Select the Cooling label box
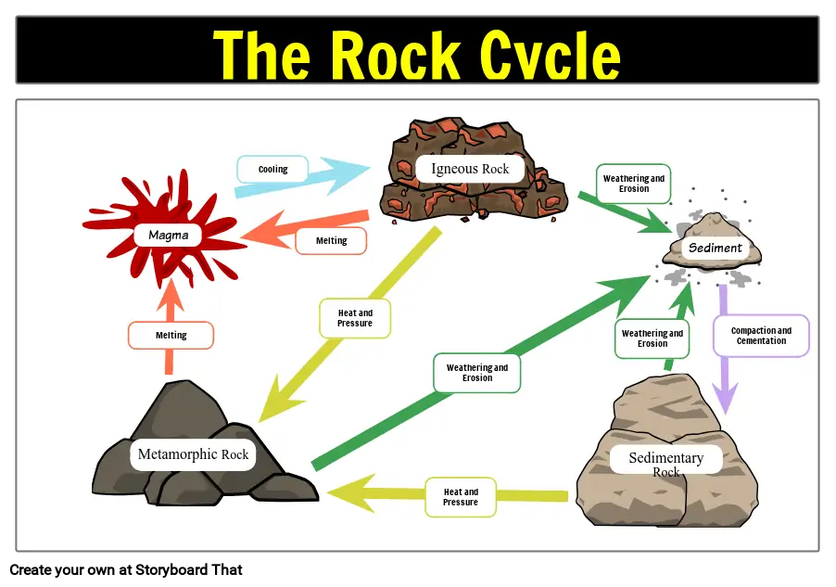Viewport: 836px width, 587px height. click(x=272, y=170)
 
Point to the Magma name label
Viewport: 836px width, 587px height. click(x=168, y=236)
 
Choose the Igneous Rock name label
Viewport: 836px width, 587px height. click(x=470, y=169)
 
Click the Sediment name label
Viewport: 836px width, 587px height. click(x=715, y=249)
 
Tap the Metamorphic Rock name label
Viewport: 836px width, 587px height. click(x=193, y=454)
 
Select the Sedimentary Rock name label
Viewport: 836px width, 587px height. click(x=665, y=462)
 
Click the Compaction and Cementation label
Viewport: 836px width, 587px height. click(x=761, y=336)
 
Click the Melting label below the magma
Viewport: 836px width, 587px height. click(x=171, y=335)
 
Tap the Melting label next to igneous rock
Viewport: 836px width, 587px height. click(x=331, y=241)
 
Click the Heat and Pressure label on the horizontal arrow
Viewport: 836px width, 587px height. click(x=461, y=497)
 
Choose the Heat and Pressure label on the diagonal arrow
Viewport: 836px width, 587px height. click(x=354, y=318)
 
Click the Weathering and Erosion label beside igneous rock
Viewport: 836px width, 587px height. click(x=634, y=184)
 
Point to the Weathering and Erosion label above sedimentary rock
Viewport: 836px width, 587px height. click(x=652, y=338)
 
